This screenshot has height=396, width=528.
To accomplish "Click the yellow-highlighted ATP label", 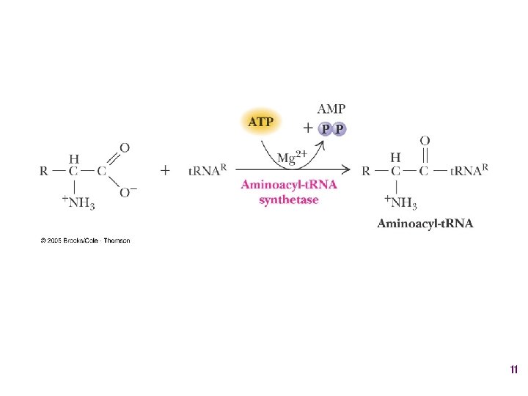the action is tap(260, 122).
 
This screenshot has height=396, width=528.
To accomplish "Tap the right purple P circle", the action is tap(339, 129).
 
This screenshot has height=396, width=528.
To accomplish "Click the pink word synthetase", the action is tap(289, 199).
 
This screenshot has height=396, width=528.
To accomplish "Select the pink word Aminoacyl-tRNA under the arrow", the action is tap(289, 185).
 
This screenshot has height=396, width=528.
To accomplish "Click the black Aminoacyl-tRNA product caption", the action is tap(425, 223).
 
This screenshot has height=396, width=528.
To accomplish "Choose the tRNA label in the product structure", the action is tap(467, 172).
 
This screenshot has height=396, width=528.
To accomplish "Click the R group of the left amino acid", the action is tap(44, 172).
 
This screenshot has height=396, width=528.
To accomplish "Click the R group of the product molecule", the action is tap(366, 172).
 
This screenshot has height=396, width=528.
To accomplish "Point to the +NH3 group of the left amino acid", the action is tap(78, 202).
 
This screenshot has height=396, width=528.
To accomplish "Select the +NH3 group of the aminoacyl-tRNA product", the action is tap(401, 202).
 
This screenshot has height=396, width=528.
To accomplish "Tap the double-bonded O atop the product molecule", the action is tap(425, 140).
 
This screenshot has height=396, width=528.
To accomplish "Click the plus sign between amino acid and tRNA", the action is tap(165, 171).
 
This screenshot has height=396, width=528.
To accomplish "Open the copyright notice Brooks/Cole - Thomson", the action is tap(86, 241).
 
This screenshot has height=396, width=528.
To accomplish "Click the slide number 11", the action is tap(513, 371).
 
